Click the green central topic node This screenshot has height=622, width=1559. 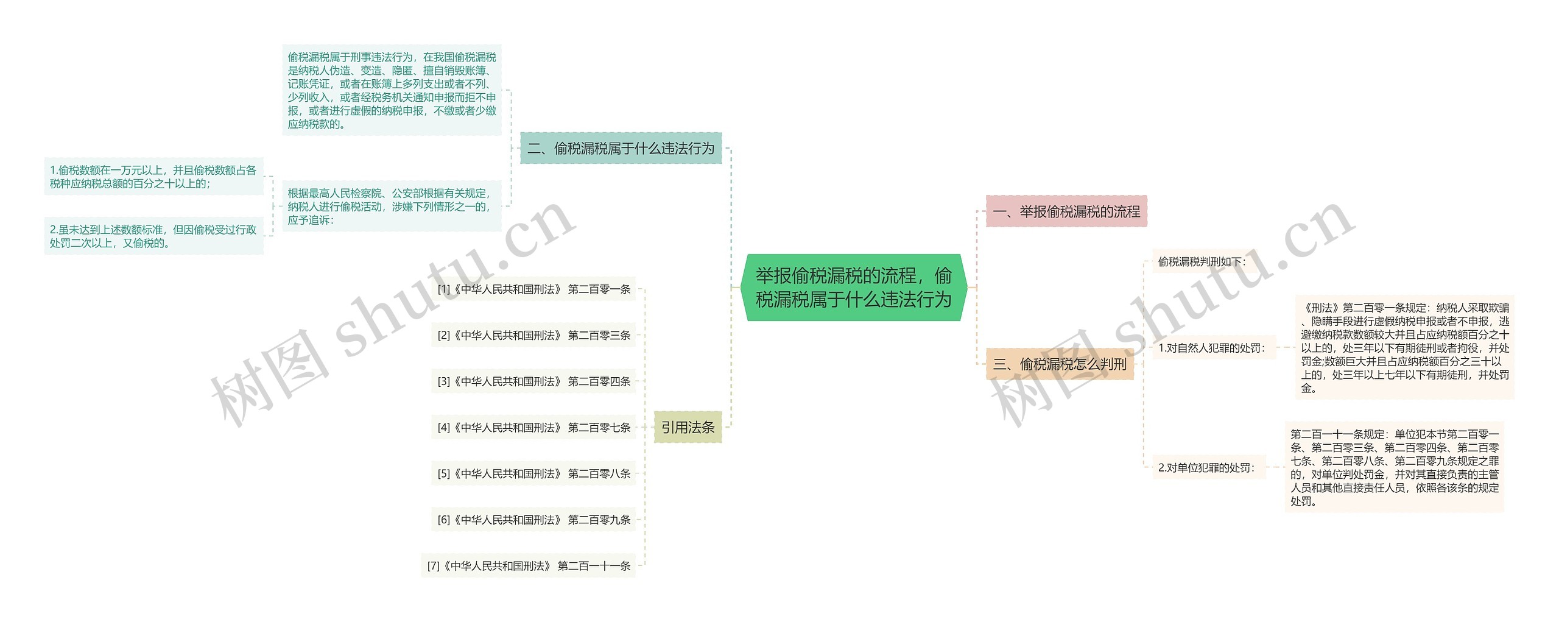click(853, 288)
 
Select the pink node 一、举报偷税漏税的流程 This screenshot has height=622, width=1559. click(1066, 211)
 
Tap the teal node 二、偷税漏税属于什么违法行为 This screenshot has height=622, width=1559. click(621, 148)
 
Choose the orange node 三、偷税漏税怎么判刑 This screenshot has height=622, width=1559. click(1060, 364)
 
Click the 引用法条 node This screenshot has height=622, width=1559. click(688, 428)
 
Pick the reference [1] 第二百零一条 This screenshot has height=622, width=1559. click(533, 289)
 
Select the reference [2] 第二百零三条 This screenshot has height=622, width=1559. click(533, 335)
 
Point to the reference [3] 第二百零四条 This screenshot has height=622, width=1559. click(533, 381)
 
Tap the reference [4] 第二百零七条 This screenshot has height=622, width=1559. click(533, 428)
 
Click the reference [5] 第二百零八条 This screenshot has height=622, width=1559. click(533, 473)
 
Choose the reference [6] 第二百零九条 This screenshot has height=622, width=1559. click(533, 520)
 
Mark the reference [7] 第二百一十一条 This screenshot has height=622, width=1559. click(529, 566)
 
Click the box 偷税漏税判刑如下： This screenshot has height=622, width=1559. click(1202, 262)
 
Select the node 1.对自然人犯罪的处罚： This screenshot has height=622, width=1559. click(1212, 348)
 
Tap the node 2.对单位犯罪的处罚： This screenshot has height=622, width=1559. click(1206, 468)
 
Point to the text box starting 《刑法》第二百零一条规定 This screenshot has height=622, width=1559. click(1404, 348)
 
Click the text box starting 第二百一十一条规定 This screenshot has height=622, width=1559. click(1395, 467)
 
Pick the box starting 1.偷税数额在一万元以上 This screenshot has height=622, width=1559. click(153, 177)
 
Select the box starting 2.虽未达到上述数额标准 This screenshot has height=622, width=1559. click(153, 236)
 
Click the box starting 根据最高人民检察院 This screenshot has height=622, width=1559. click(391, 207)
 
